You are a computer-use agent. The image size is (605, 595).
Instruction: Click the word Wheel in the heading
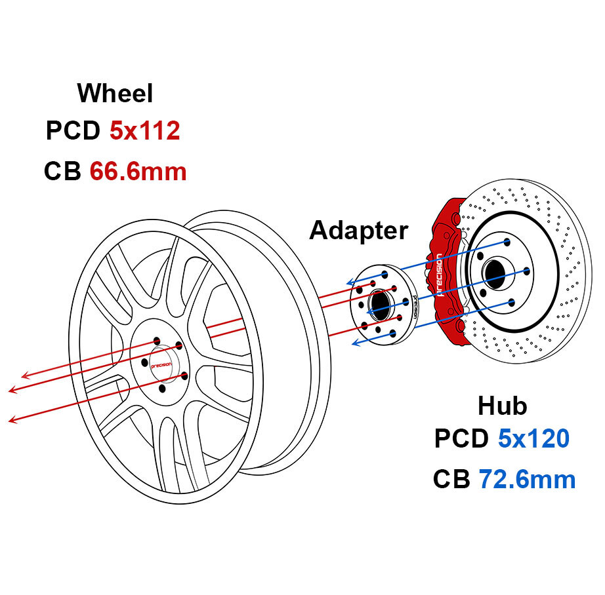[x=115, y=93]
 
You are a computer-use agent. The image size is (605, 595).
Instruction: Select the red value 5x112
[x=144, y=131]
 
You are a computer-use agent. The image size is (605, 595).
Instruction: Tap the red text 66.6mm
[x=138, y=171]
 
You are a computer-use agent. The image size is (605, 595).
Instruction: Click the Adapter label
[x=358, y=230]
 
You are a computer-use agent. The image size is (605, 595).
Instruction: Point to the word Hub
[x=502, y=406]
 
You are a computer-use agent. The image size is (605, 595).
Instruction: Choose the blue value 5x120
[x=533, y=438]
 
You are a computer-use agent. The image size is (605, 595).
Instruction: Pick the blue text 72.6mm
[x=527, y=480]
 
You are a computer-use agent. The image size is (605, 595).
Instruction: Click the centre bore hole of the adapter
[x=379, y=302]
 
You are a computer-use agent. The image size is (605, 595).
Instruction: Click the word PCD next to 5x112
[x=72, y=131]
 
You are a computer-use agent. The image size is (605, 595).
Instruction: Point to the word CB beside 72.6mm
[x=451, y=480]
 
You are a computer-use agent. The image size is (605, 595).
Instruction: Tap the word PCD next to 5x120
[x=461, y=438]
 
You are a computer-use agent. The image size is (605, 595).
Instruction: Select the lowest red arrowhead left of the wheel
[x=12, y=419]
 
